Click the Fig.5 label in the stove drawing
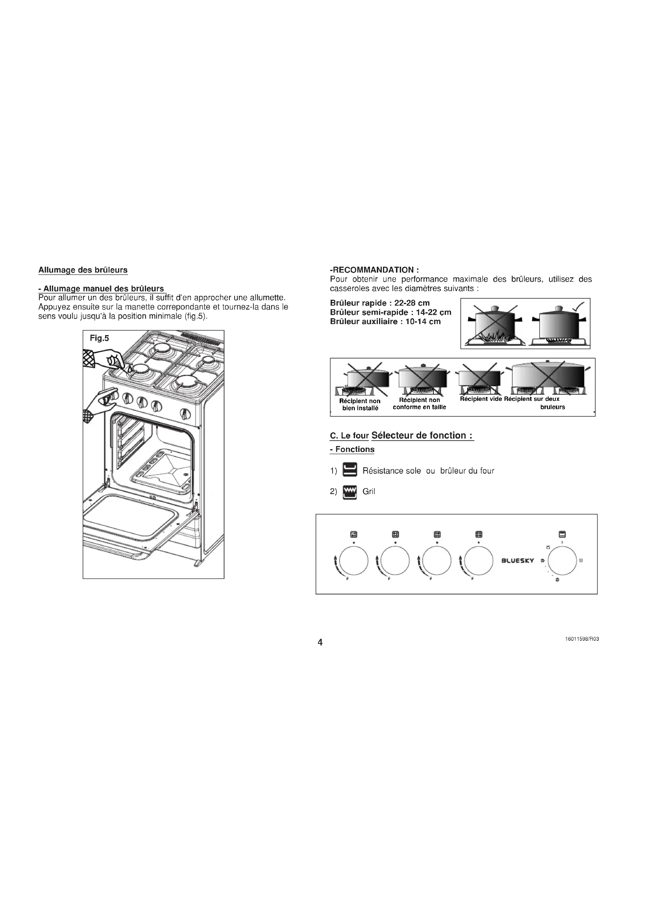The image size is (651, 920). point(99,338)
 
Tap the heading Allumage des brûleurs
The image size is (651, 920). point(83,270)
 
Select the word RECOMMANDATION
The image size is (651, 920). point(373,270)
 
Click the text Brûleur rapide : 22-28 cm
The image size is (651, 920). point(379,303)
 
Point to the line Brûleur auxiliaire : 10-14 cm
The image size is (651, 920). point(385,322)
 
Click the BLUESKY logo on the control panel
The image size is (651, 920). point(518,560)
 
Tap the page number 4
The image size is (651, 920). point(320,642)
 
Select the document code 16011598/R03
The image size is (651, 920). point(582,639)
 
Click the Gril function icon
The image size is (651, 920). point(350,492)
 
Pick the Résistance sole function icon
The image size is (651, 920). point(350,470)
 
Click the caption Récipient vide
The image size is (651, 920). point(481,399)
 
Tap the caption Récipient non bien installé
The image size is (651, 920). point(360,404)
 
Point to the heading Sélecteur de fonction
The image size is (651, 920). point(422,435)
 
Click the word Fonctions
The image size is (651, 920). point(355,450)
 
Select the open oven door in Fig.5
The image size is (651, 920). point(132,521)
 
